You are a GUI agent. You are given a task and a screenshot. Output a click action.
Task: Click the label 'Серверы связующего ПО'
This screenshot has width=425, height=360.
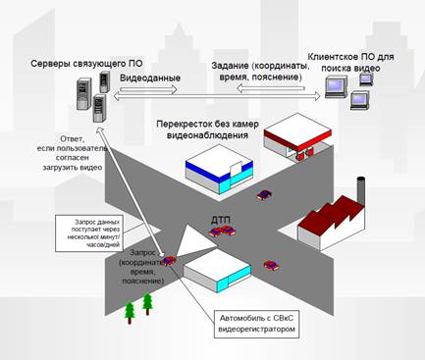[86, 64]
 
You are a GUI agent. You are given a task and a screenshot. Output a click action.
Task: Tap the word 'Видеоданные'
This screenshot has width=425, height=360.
[150, 78]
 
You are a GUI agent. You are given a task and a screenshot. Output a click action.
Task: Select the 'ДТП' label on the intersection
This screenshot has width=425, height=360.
[221, 220]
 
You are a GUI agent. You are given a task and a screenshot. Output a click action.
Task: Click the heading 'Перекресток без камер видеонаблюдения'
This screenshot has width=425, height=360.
[207, 129]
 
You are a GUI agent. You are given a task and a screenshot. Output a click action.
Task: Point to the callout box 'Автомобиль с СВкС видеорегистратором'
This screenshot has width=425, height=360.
[257, 324]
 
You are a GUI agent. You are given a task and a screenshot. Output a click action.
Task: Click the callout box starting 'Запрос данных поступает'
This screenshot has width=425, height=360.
[89, 233]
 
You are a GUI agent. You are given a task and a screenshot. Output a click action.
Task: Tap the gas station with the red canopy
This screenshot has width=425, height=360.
[296, 138]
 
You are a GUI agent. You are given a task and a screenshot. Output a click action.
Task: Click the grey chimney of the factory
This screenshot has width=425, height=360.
[360, 190]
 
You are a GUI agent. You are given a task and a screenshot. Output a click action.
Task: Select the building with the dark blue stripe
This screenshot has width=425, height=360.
[219, 172]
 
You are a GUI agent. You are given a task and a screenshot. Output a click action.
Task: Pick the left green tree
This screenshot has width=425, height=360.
[130, 313]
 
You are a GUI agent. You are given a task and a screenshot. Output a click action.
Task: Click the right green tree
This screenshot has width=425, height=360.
[147, 304]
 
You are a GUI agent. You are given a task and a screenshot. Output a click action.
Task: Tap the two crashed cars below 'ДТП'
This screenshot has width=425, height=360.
[222, 231]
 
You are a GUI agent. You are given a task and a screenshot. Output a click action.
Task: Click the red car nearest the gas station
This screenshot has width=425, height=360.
[264, 195]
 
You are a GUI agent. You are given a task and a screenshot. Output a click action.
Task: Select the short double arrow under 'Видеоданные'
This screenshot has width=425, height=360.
[148, 89]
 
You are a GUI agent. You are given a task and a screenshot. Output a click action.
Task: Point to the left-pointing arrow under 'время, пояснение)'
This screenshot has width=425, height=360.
[271, 88]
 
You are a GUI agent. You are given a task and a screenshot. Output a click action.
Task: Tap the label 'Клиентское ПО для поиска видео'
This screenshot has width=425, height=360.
[350, 63]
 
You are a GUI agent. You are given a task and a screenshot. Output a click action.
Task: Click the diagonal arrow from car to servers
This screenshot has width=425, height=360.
[131, 191]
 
